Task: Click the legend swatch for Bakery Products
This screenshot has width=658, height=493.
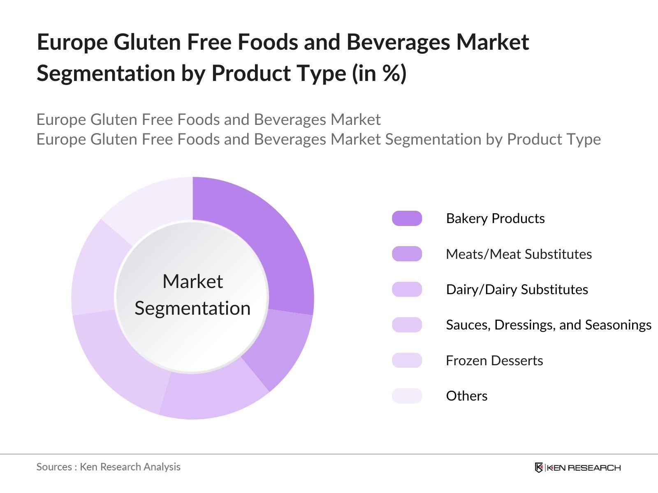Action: [x=407, y=219]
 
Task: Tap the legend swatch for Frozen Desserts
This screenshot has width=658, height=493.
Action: [x=407, y=360]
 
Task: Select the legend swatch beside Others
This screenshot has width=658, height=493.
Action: [x=407, y=396]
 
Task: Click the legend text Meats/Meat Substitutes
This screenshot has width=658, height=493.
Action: [x=519, y=254]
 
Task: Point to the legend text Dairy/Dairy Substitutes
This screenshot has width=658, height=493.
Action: [x=517, y=289]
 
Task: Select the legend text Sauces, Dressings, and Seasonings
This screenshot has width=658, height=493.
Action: [x=548, y=325]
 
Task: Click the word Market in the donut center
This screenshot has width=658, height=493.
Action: [x=192, y=282]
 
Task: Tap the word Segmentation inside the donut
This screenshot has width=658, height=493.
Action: [x=192, y=308]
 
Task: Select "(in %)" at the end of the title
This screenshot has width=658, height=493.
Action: [x=379, y=74]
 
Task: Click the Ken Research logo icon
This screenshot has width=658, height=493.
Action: [x=539, y=468]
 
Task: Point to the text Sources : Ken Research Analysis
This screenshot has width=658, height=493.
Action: [x=108, y=467]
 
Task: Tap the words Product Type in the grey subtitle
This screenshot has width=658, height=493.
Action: [x=554, y=139]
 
